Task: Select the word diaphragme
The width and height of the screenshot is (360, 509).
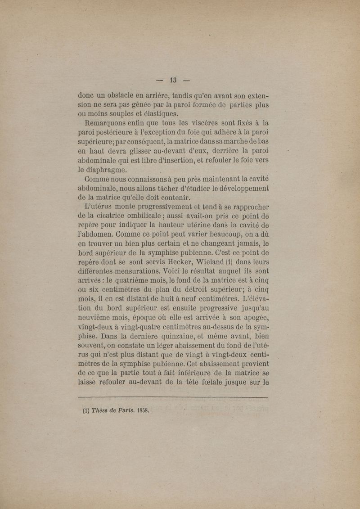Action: click(105, 170)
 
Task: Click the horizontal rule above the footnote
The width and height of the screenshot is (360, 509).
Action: click(173, 398)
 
